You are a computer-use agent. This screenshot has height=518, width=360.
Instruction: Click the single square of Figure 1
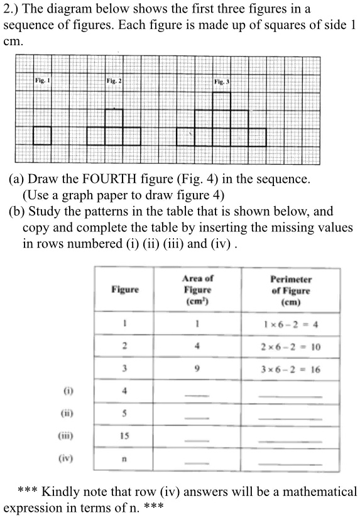point(42,136)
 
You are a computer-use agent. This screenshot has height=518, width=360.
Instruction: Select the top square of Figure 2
point(114,118)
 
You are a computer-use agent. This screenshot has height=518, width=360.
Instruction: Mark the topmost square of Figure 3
point(222,101)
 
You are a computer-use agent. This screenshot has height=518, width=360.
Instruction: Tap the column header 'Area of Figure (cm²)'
point(197,289)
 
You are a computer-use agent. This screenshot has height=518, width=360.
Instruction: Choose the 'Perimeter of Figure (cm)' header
point(291,290)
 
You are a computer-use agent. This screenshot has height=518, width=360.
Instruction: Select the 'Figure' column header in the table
point(125,289)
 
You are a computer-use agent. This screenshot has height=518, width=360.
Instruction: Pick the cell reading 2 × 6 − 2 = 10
point(291,346)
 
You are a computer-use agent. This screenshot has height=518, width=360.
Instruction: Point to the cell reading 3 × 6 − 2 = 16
point(291,370)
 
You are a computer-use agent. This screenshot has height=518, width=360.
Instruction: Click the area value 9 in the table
point(197,370)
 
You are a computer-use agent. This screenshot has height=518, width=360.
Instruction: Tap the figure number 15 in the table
point(125,436)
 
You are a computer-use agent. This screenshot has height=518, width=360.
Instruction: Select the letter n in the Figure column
point(125,459)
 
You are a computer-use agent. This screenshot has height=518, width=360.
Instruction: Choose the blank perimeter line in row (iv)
point(290,463)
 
